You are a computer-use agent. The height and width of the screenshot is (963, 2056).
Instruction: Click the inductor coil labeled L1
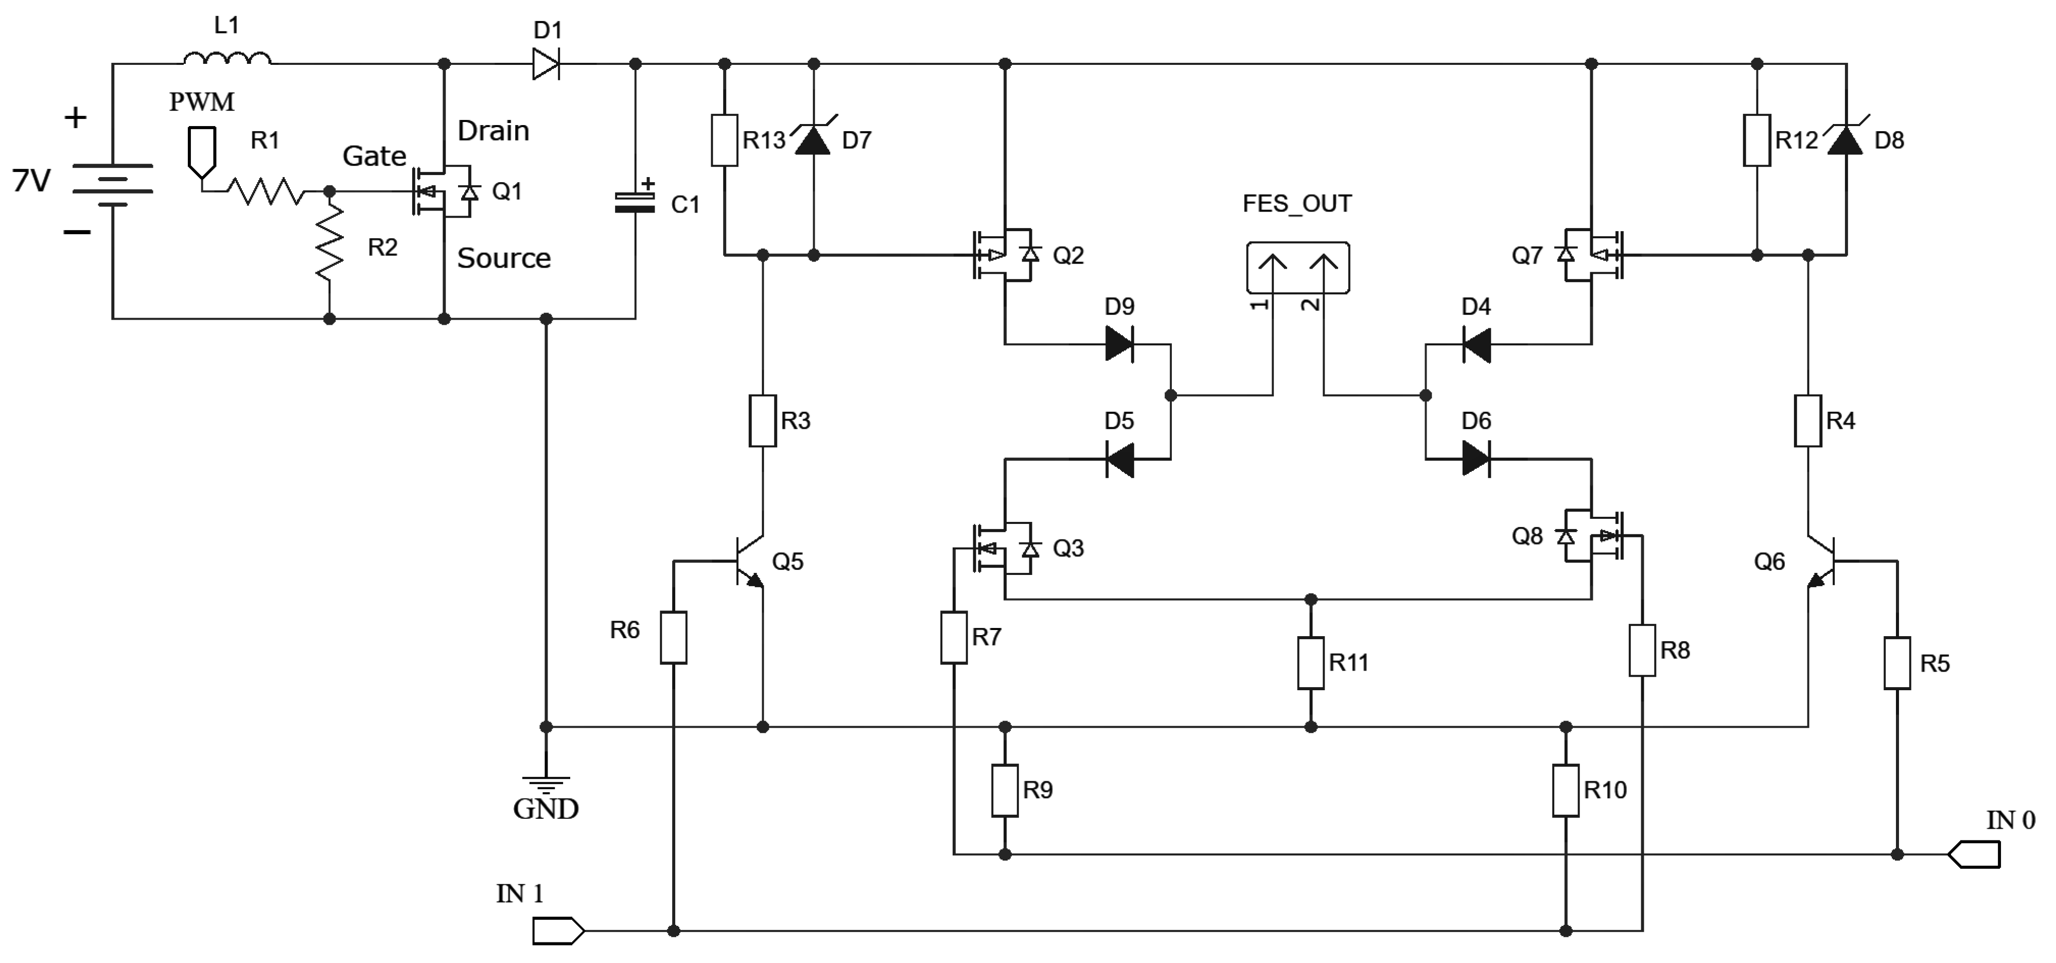[226, 58]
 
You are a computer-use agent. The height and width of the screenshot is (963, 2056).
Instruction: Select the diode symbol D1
[546, 63]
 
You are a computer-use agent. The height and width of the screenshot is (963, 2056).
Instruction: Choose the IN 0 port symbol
[1974, 854]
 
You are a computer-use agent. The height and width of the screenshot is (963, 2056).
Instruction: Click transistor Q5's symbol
[746, 562]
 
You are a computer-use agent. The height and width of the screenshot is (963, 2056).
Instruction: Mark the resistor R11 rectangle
[1311, 662]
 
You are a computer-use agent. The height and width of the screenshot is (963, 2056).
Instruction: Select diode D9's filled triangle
[1120, 344]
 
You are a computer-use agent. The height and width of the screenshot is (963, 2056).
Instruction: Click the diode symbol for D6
[1476, 459]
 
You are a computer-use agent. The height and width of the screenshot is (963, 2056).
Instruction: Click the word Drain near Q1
[493, 130]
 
